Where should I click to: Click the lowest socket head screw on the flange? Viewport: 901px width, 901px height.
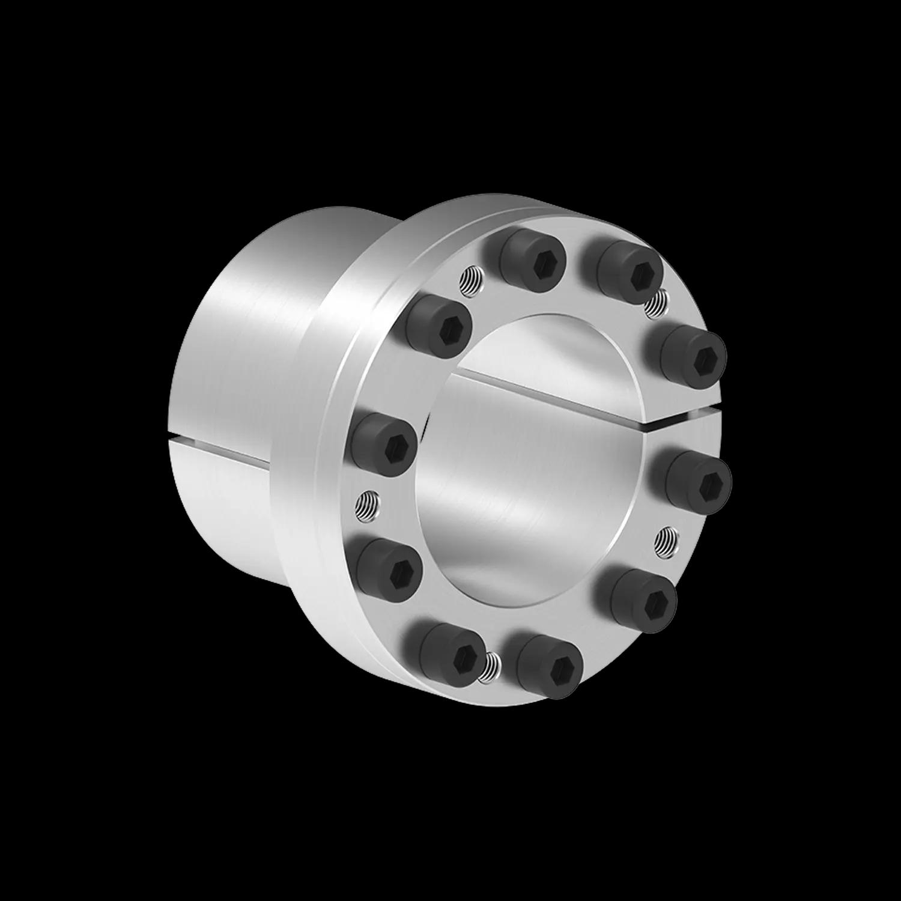coord(549,666)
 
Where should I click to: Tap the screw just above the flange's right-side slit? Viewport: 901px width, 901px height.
coord(694,356)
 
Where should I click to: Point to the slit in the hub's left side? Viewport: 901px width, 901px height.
coord(222,447)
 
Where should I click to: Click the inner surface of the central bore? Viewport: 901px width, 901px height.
coord(523,481)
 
